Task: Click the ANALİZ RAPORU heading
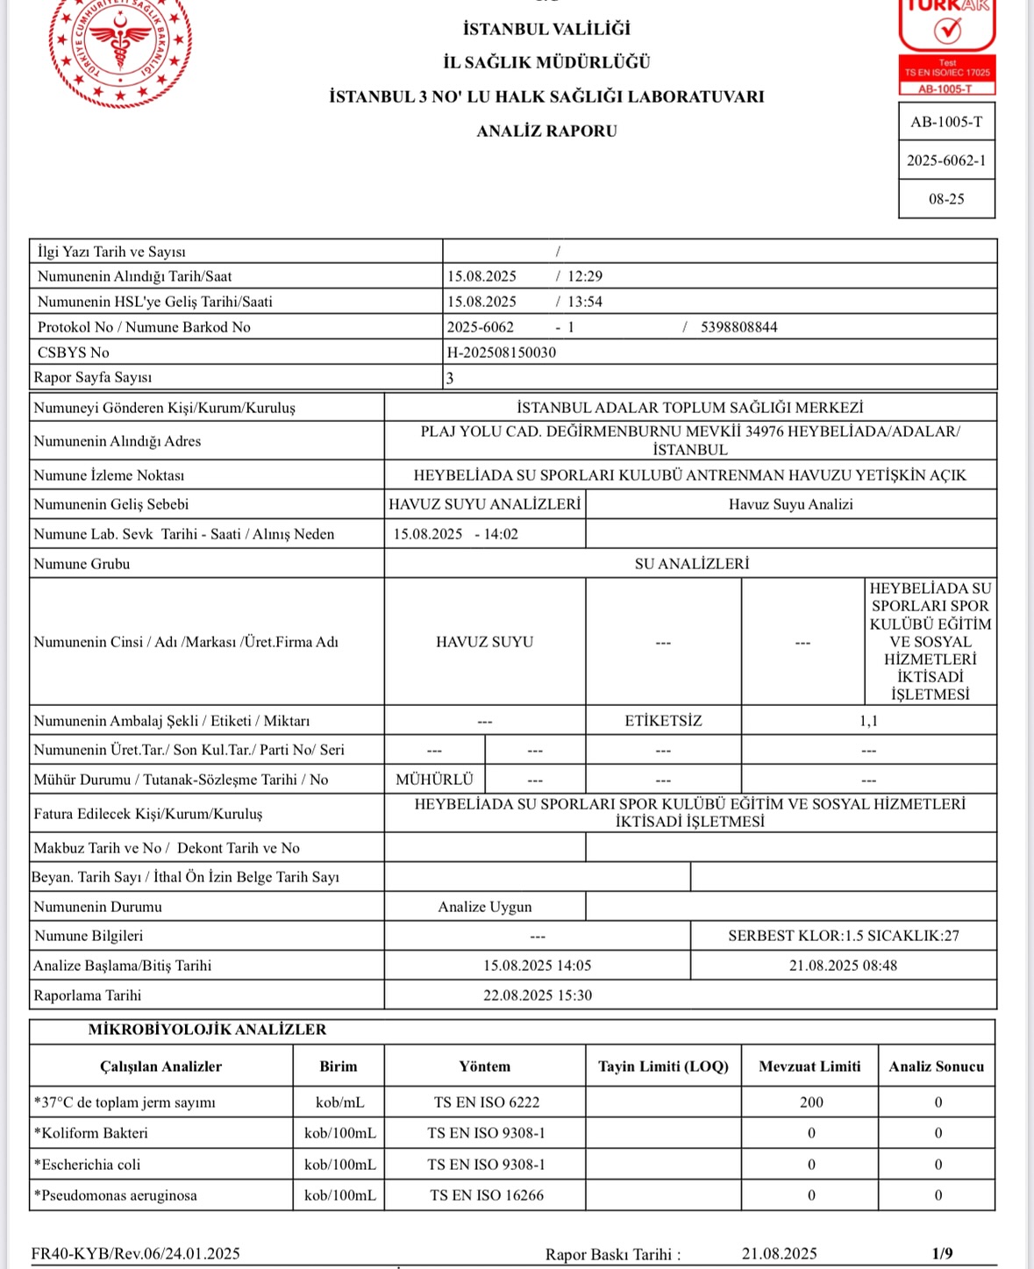point(546,131)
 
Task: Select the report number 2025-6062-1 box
point(946,160)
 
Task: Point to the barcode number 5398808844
point(738,327)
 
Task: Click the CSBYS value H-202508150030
point(502,353)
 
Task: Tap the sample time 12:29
point(585,276)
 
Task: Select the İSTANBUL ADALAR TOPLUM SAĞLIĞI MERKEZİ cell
point(690,408)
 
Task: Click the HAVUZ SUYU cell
point(484,642)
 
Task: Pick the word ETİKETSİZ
point(663,721)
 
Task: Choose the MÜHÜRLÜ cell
point(434,780)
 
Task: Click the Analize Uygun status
point(484,907)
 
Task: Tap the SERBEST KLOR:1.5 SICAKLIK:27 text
point(843,936)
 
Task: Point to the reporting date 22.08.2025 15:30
point(537,995)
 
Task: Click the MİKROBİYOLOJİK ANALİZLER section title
point(207,1030)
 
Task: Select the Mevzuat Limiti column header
point(809,1066)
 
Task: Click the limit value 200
point(811,1102)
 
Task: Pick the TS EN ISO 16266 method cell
point(486,1195)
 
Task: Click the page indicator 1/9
point(942,1253)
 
